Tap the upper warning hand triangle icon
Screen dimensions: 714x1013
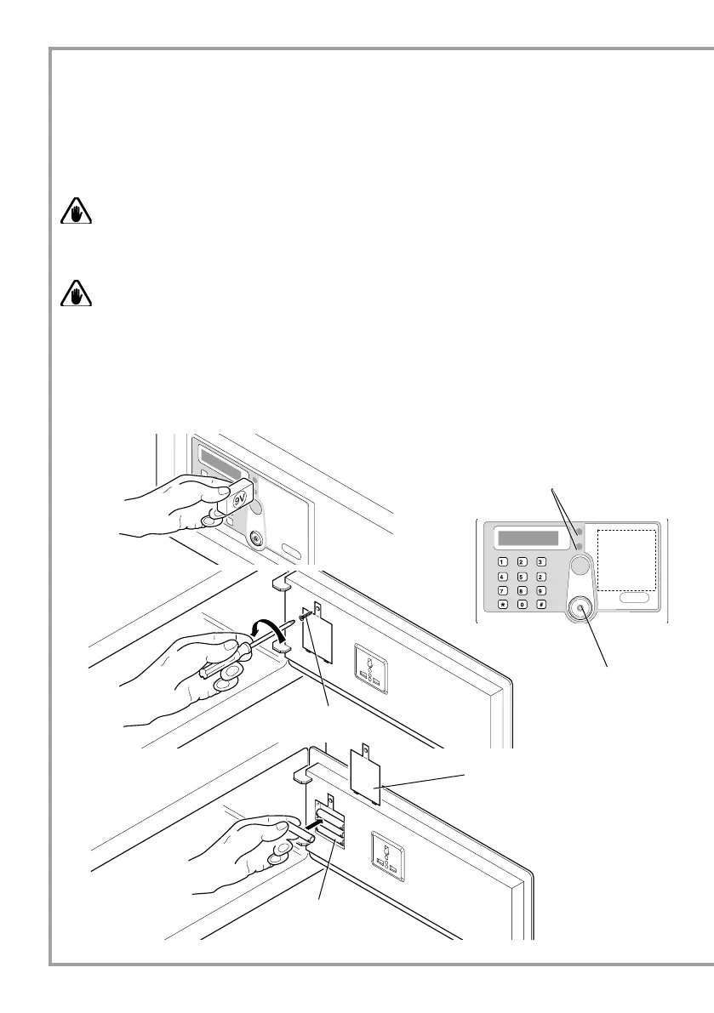click(76, 213)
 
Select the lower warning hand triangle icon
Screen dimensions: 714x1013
click(76, 293)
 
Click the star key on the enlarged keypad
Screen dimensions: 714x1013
click(502, 604)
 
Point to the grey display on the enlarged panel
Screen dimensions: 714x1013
click(528, 538)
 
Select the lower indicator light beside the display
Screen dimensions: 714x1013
click(578, 546)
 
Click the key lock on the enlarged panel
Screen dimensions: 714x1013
click(581, 606)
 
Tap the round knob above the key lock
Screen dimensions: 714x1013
click(580, 567)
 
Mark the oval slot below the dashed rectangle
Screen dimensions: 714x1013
click(633, 599)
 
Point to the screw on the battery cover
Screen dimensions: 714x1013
click(303, 616)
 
